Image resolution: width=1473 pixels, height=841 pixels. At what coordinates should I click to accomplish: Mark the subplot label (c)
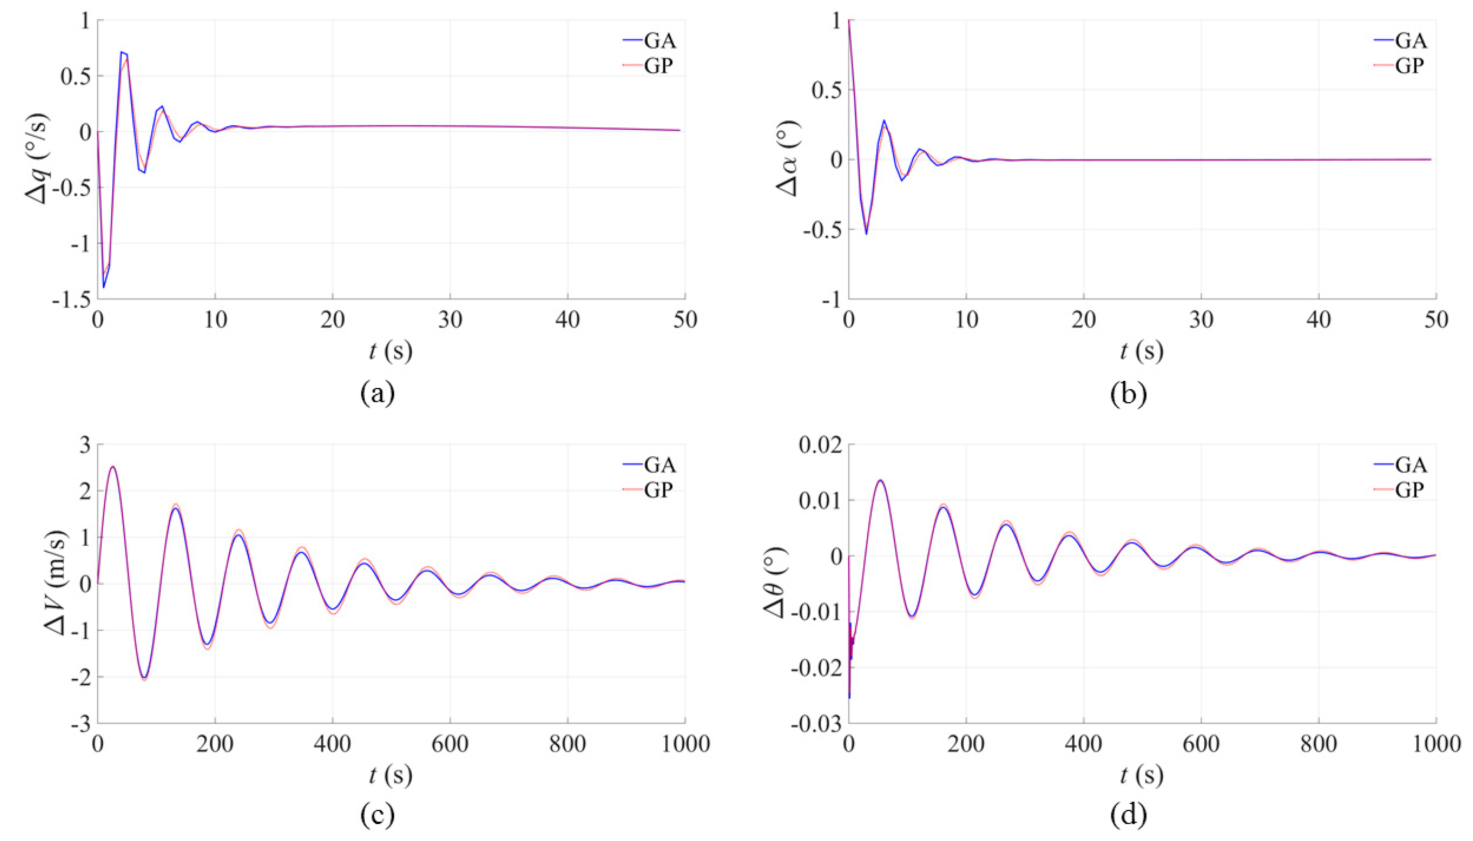point(377,814)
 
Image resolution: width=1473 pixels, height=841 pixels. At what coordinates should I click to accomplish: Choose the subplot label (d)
point(1128,814)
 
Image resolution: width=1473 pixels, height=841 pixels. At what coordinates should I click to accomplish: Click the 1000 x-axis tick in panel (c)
point(685,744)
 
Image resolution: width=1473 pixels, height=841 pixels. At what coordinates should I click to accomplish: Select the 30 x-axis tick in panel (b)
point(1201,320)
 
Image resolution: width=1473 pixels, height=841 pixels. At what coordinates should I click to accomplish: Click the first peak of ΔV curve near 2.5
point(113,467)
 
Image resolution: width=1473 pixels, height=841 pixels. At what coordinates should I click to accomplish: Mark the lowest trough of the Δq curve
point(104,287)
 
